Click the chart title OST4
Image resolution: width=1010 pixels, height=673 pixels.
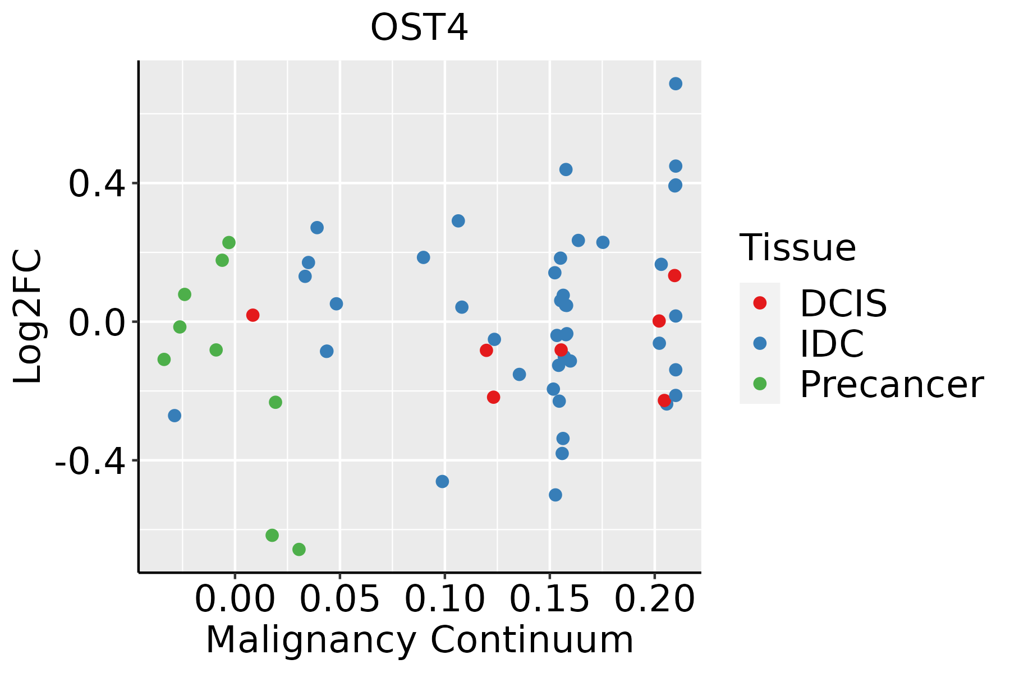pos(419,28)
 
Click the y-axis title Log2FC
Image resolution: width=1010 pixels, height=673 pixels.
pos(28,316)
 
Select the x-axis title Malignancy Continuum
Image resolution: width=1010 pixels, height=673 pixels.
pos(420,640)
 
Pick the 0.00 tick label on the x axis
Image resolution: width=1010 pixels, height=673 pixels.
pos(235,599)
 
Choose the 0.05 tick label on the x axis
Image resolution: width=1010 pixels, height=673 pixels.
pos(339,599)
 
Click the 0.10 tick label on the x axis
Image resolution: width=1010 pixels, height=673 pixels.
pos(444,599)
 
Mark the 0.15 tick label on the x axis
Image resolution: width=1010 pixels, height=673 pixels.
pos(549,599)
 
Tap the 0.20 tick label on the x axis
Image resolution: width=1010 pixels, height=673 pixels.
pos(654,599)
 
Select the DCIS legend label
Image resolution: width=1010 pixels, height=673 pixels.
pos(843,303)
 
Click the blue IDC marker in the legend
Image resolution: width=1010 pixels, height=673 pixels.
pos(760,343)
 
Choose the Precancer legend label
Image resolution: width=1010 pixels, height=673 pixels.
pos(891,385)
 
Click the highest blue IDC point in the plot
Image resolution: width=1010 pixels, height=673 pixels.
pos(676,84)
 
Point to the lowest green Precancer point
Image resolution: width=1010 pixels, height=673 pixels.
pos(299,549)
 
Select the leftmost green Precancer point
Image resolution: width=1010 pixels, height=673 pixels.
pos(164,359)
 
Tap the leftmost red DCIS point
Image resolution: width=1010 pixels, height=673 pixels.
pos(253,315)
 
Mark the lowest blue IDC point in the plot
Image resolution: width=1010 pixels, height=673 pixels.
pos(555,495)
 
